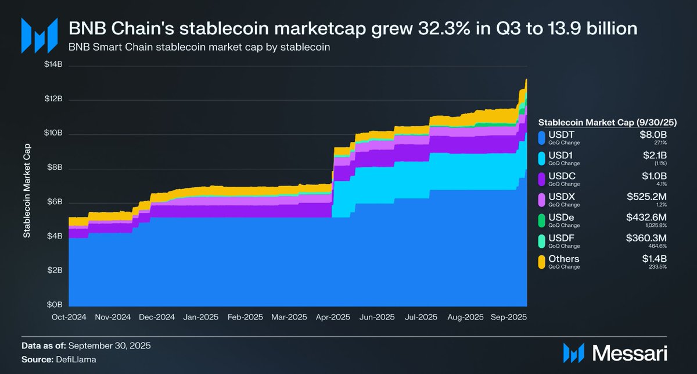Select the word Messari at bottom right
click(630, 352)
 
